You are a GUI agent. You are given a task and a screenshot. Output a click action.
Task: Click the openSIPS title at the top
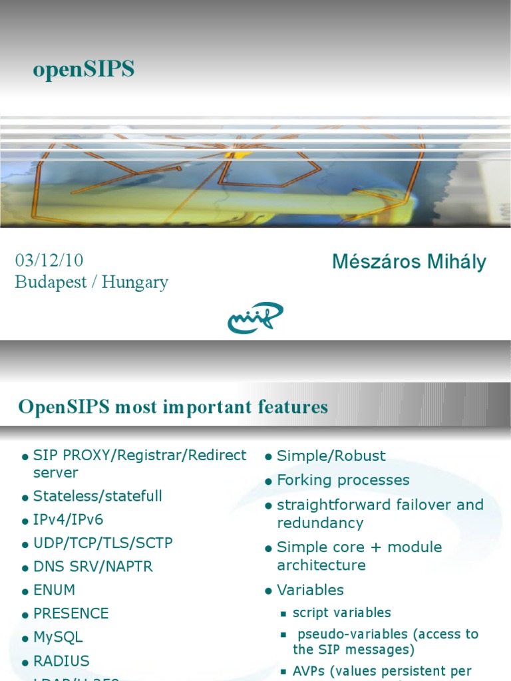(x=83, y=69)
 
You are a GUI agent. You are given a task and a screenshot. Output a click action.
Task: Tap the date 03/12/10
(x=49, y=260)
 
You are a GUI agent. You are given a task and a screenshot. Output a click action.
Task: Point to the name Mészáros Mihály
(x=409, y=262)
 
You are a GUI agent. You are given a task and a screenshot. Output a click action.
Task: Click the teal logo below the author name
(x=255, y=317)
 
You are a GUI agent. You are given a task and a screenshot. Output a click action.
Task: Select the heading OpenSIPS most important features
(x=173, y=407)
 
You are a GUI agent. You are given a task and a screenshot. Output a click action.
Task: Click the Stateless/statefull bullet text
(x=97, y=496)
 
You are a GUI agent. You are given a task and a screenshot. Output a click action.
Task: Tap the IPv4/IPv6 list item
(x=68, y=519)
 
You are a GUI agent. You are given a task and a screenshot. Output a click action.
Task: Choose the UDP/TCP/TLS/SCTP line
(x=102, y=543)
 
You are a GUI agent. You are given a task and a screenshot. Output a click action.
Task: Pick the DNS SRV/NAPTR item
(x=92, y=567)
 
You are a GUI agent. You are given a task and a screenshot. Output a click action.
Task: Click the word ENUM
(x=54, y=590)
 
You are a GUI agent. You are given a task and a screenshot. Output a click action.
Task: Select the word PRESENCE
(x=71, y=613)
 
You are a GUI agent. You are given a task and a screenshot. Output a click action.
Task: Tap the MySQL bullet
(x=58, y=637)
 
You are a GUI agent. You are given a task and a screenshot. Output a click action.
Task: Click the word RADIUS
(x=61, y=661)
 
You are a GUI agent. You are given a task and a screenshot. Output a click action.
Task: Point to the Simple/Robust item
(x=331, y=456)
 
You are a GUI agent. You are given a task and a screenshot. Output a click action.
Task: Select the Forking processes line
(x=343, y=480)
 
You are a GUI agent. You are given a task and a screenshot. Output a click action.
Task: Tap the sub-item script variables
(x=341, y=613)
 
